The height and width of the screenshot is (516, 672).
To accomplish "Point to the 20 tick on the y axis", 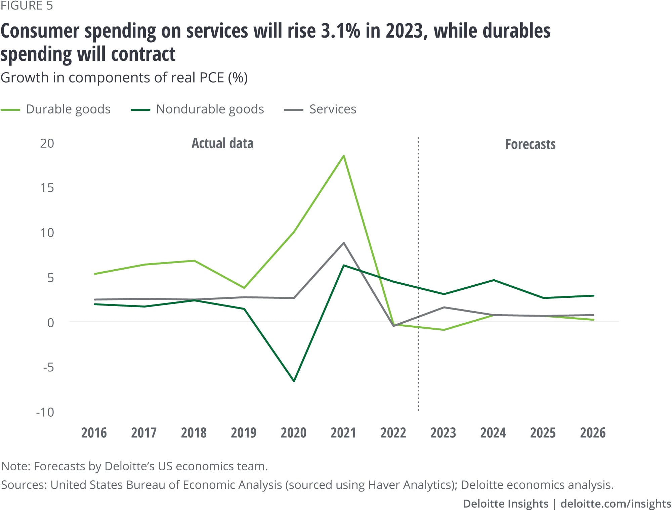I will tap(47, 143).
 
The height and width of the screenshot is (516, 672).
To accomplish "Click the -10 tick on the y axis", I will tap(45, 412).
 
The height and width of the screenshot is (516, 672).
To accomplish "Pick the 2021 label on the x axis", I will tap(343, 433).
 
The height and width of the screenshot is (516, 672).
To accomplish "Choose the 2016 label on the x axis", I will tap(94, 433).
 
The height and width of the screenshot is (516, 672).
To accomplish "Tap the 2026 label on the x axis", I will tap(593, 433).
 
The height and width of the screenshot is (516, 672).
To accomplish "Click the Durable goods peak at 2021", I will tap(344, 155).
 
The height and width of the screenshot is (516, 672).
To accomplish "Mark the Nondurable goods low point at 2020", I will tap(294, 381).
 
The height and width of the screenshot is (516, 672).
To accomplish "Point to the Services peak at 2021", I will tap(344, 243).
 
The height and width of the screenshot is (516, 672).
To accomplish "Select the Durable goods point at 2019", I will tap(244, 288).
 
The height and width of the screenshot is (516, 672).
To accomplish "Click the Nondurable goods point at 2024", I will tap(494, 280).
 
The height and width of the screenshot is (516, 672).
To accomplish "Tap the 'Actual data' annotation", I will tap(222, 144).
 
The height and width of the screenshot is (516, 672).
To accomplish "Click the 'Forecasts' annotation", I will tap(530, 144).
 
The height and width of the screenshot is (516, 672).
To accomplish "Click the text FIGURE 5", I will tap(27, 6).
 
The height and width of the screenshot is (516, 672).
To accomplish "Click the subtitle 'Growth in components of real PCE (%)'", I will tap(124, 78).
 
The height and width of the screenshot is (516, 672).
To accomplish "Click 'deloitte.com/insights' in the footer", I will tap(616, 504).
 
